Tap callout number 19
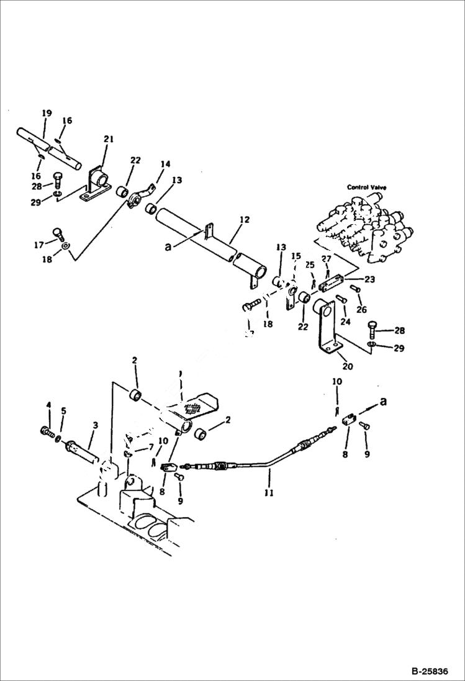point(47,113)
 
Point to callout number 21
point(109,140)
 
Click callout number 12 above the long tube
point(244,220)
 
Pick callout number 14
point(165,165)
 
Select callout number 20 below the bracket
point(347,366)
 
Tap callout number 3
point(95,425)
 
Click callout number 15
point(296,256)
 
